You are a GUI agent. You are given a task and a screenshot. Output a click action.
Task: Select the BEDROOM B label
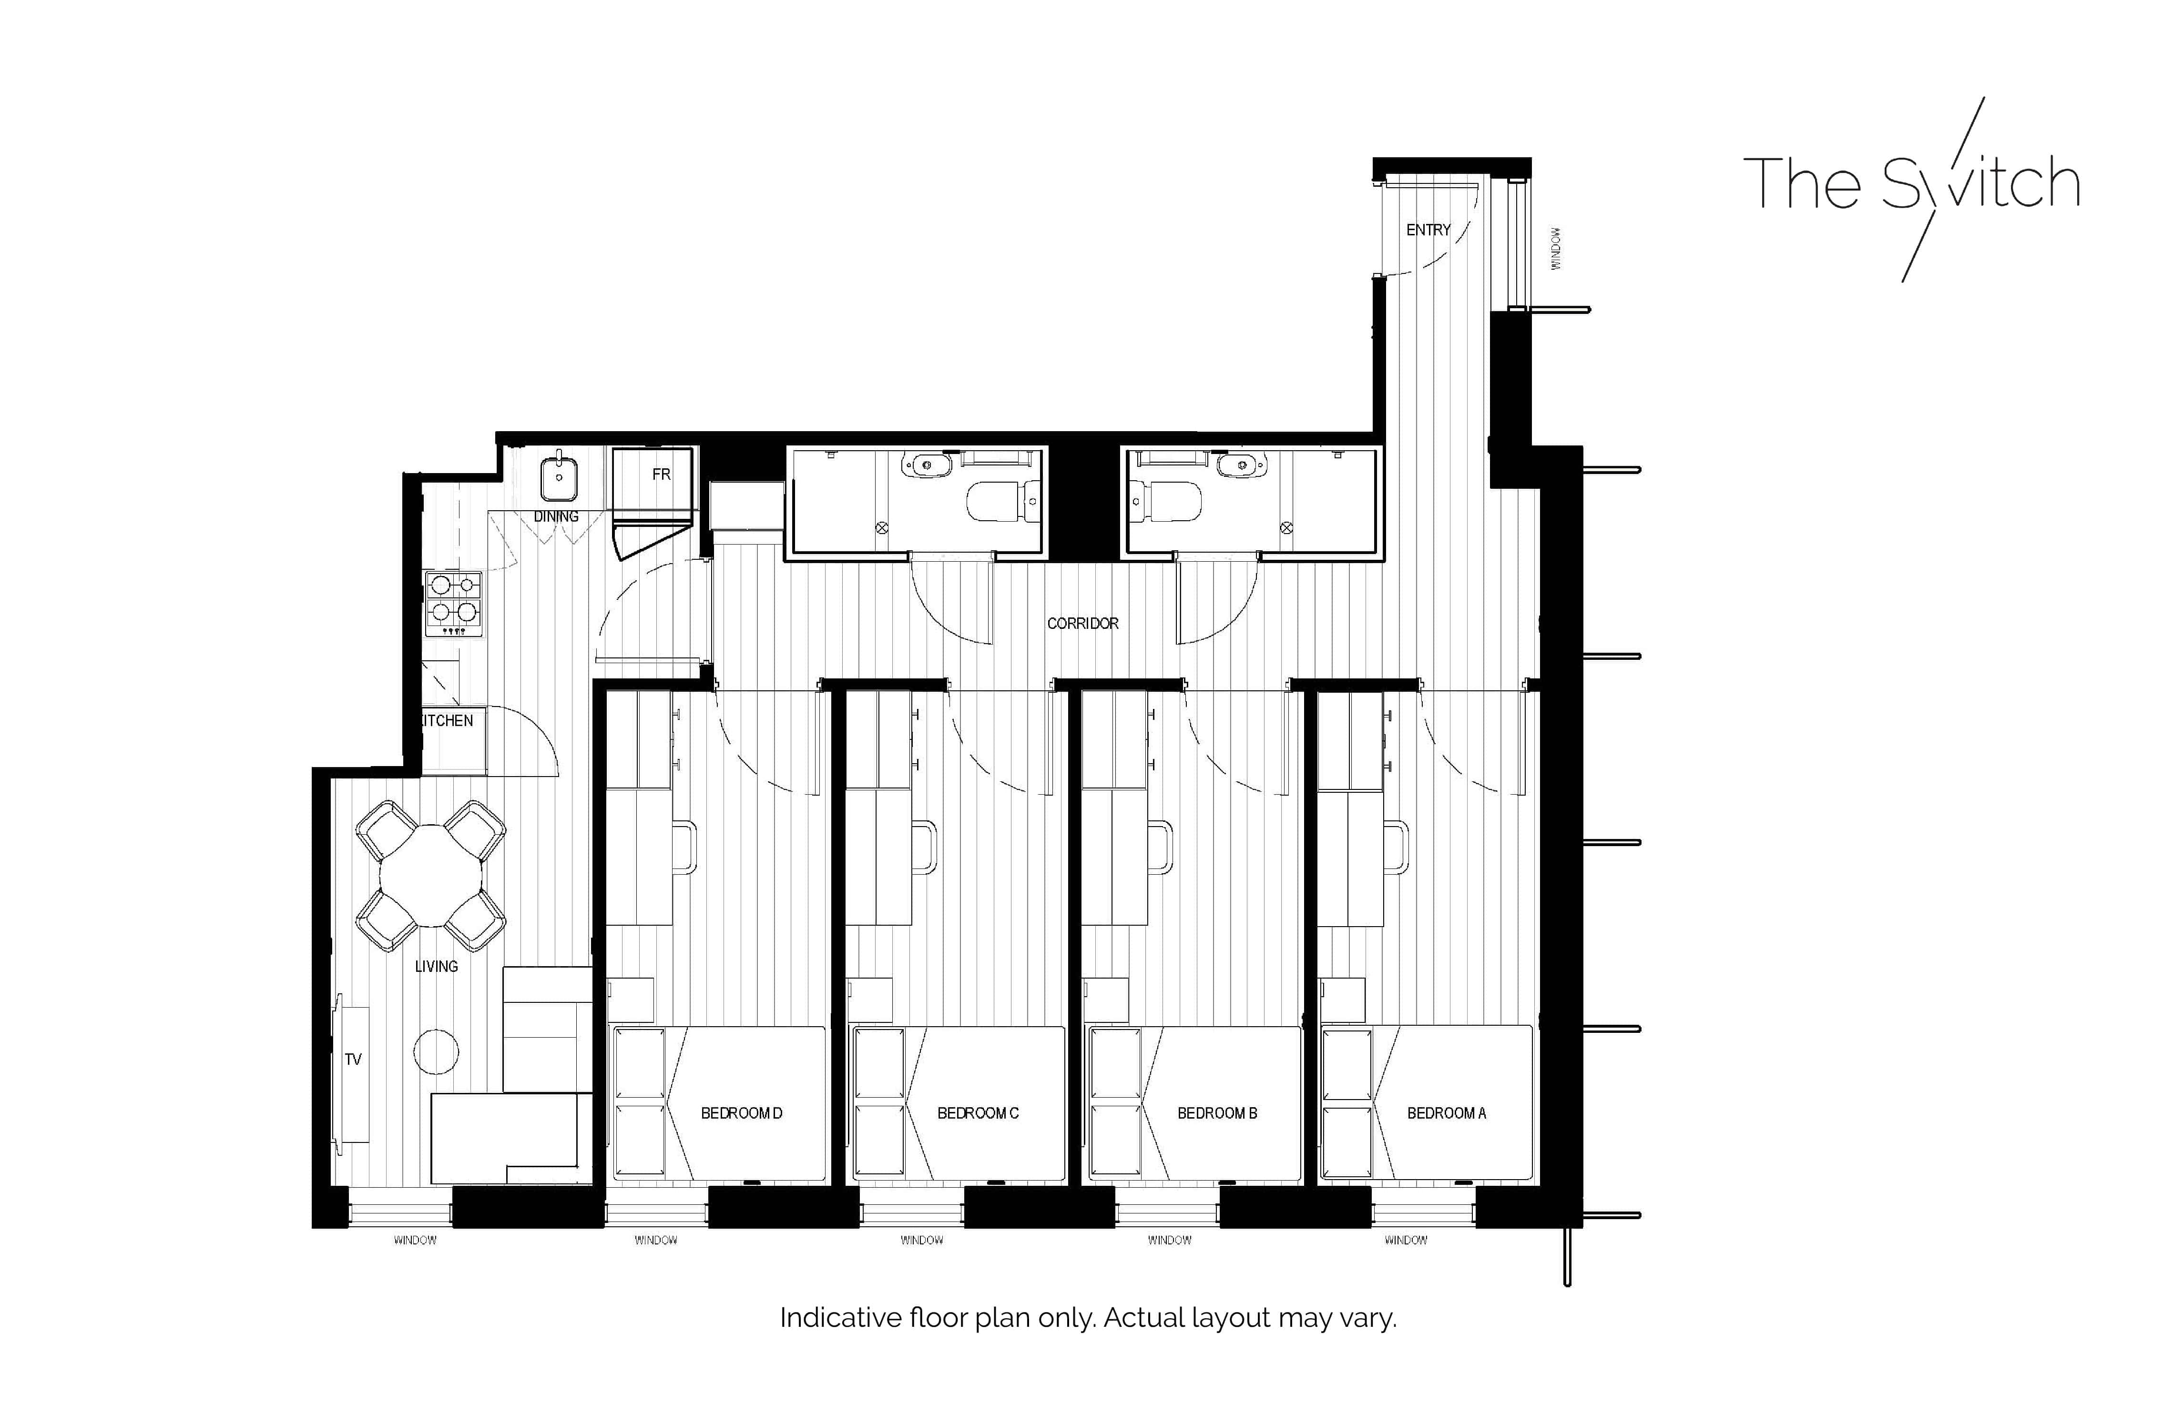(1216, 1113)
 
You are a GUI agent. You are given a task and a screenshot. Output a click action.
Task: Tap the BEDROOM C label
(978, 1113)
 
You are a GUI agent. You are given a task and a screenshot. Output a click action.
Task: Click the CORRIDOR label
(1082, 624)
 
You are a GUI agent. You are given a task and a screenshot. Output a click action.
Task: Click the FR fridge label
(661, 474)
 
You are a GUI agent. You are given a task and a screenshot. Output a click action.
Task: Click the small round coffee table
(436, 1051)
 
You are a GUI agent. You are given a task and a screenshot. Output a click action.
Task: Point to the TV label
(353, 1060)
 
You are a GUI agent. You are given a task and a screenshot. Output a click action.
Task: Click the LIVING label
(436, 966)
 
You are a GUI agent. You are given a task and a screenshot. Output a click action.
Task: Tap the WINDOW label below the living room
(415, 1241)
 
